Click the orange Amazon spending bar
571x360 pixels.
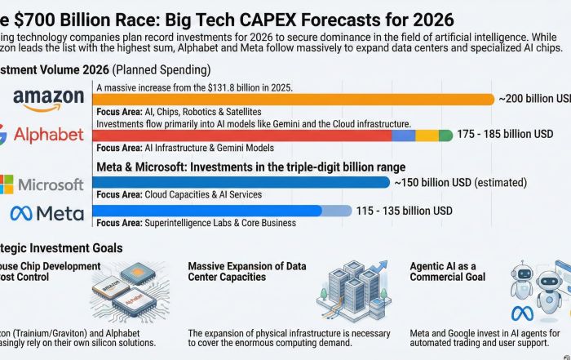point(294,100)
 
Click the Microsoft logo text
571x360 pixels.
point(51,184)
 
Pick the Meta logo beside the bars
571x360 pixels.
point(46,214)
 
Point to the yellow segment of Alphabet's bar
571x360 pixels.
point(427,135)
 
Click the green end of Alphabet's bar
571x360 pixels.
point(445,135)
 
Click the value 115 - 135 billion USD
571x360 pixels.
point(404,211)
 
